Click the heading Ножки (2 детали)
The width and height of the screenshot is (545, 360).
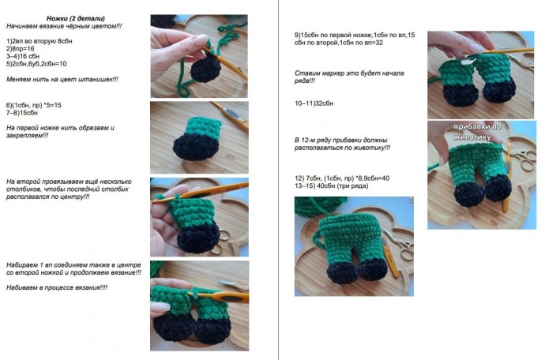(75, 18)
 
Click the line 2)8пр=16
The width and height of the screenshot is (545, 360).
(21, 49)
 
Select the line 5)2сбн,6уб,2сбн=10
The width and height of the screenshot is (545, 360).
(36, 64)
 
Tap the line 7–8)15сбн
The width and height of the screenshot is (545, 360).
(22, 113)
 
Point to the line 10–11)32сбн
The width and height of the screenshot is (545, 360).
(314, 103)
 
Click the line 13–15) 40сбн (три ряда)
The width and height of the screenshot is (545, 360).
(331, 186)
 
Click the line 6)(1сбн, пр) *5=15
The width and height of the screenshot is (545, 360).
(34, 105)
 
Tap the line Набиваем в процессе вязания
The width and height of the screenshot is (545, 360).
(57, 287)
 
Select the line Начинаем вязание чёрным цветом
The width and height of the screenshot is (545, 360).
(64, 26)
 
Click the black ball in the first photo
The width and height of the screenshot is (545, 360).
(206, 69)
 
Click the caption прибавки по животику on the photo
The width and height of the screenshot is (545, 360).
(478, 132)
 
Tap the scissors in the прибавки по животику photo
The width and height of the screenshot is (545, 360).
(524, 159)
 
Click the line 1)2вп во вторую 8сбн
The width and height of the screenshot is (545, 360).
(39, 41)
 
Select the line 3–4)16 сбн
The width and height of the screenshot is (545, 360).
(23, 56)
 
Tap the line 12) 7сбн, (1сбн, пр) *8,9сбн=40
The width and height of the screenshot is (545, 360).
(342, 178)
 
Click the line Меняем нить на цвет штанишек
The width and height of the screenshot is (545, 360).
(62, 79)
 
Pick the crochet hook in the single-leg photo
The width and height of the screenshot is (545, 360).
(231, 114)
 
